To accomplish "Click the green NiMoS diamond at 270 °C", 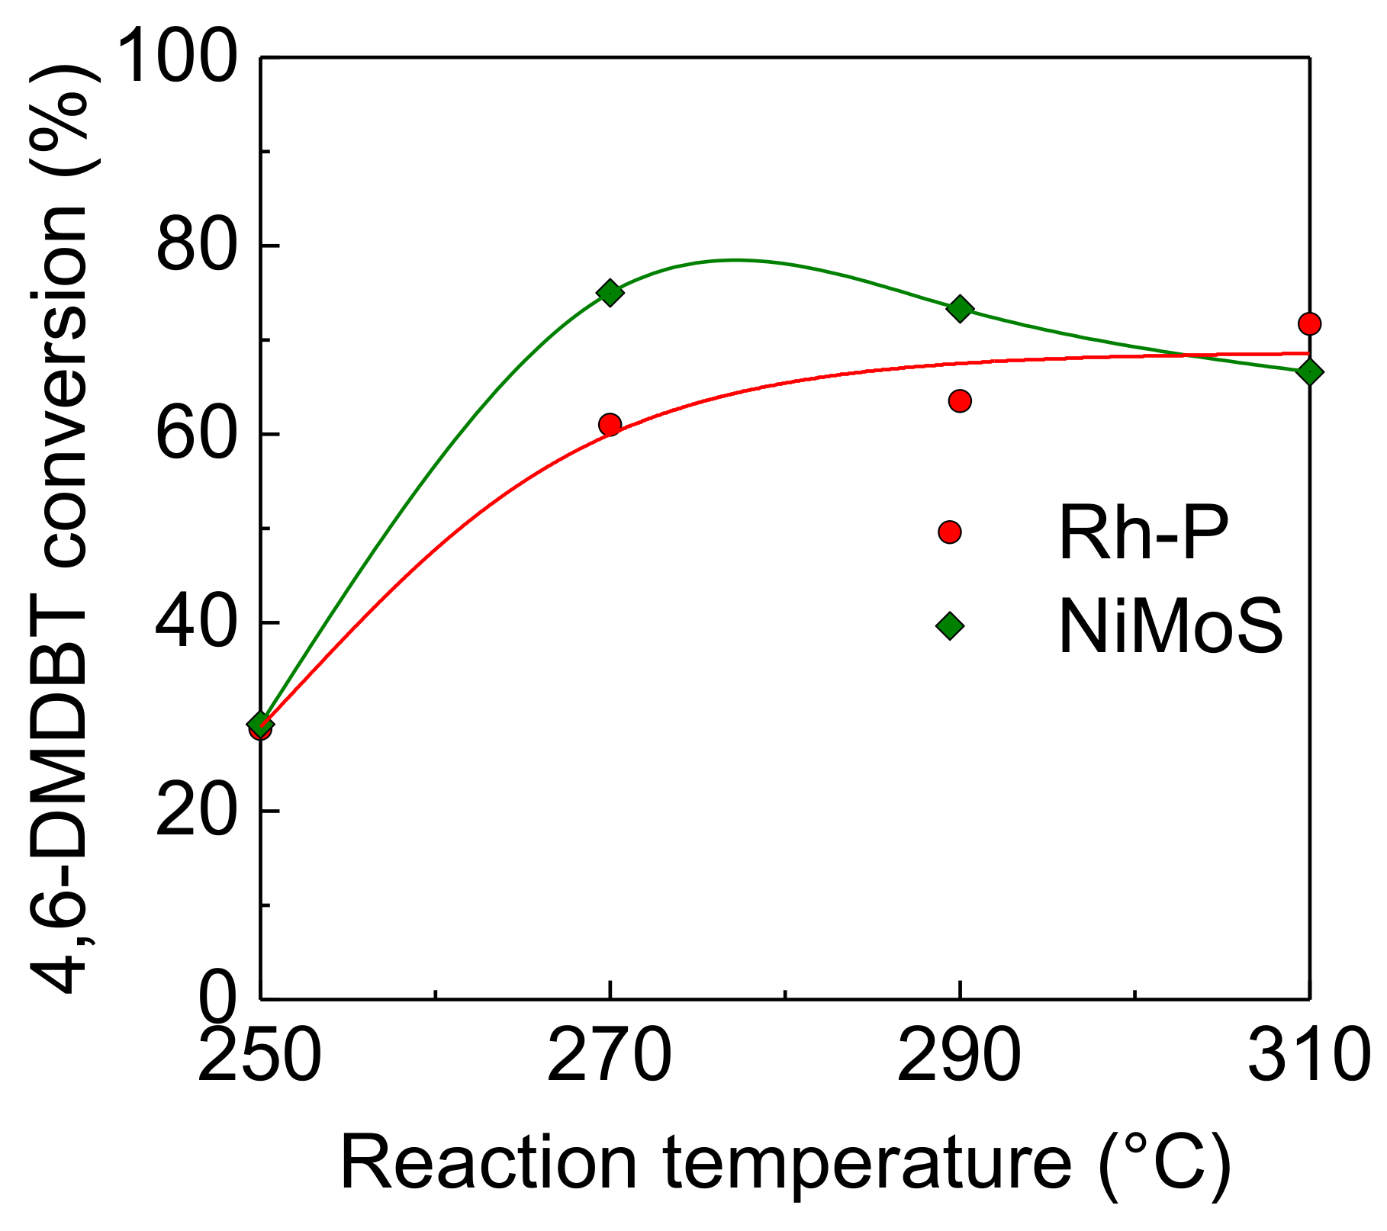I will click(x=610, y=292).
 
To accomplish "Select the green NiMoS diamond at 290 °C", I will click(x=960, y=309).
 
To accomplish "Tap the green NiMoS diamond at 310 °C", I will click(x=1309, y=372).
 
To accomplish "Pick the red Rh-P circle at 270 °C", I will click(x=610, y=424).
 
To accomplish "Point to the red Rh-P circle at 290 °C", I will click(x=960, y=400).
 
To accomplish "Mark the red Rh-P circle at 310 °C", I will click(x=1309, y=323).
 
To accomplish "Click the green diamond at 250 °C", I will click(x=261, y=724).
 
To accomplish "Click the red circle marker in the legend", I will click(x=950, y=532).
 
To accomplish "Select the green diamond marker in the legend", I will click(x=950, y=626).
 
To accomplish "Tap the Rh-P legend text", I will click(x=1143, y=533).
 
